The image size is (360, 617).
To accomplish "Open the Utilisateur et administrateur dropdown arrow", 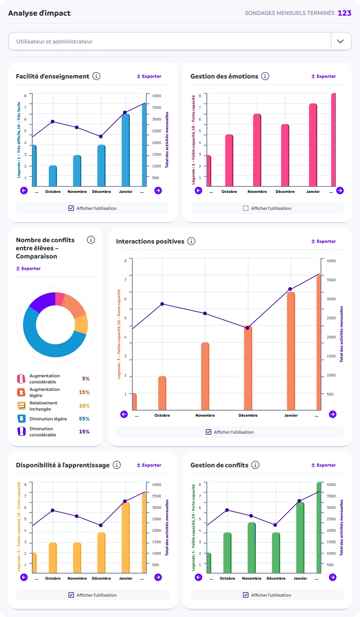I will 340,41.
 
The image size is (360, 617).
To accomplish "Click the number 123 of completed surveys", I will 344,13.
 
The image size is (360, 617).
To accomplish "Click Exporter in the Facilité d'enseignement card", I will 149,76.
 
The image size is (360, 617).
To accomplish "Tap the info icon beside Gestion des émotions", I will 265,76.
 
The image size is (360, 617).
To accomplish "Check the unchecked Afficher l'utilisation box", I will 246,208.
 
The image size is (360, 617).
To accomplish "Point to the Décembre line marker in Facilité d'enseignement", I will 101,137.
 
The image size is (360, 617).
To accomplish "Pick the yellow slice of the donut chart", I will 81,325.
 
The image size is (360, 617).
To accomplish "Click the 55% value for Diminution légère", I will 84,419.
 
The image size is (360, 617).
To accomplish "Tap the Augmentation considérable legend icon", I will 21,379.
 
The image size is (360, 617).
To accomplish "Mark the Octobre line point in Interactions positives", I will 162,304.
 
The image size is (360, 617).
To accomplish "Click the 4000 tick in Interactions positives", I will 331,261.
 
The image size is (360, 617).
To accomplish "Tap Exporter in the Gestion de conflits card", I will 323,465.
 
